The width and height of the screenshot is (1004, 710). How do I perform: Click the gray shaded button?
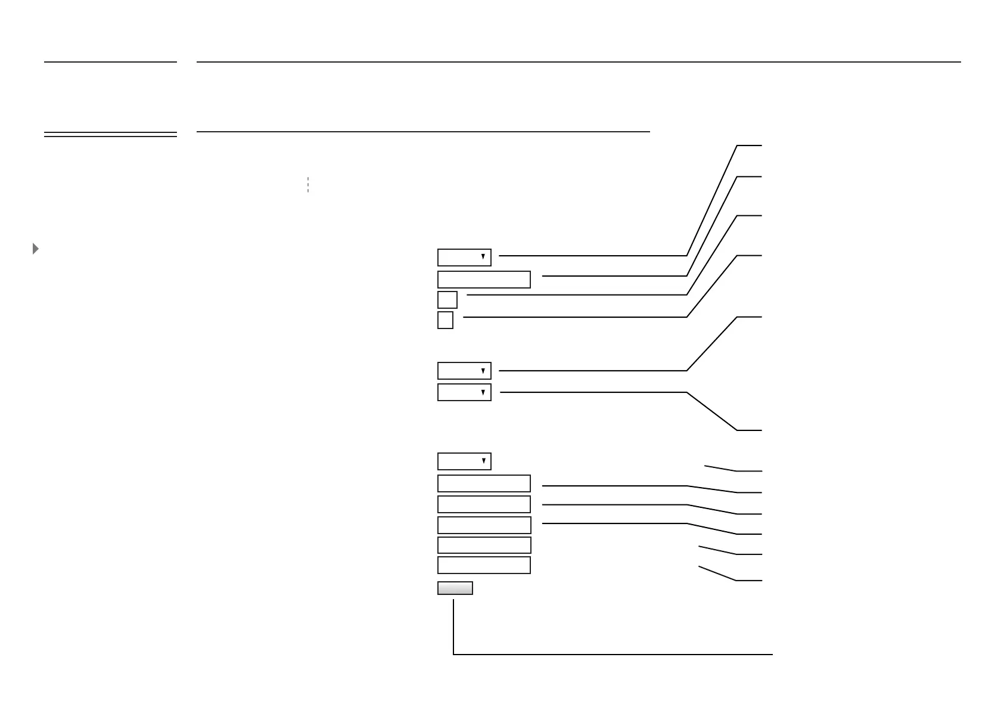(455, 588)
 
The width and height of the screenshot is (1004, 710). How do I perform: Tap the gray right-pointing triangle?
(36, 249)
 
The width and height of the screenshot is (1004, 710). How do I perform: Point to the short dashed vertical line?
(308, 185)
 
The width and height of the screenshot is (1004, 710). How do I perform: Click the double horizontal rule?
(110, 135)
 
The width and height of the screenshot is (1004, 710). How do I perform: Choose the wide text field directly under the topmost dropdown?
(484, 280)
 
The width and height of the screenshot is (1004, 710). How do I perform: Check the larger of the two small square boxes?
(447, 300)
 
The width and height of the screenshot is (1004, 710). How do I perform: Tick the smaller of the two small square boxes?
(445, 320)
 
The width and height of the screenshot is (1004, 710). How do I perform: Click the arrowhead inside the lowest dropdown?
(483, 461)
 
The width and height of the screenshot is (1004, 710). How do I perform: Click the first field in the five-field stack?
(484, 483)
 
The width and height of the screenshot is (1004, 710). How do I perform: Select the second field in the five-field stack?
(484, 504)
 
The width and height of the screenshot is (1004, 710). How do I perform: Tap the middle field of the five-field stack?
(484, 525)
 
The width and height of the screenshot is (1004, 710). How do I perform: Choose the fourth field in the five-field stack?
(484, 545)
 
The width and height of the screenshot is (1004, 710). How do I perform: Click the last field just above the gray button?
(484, 565)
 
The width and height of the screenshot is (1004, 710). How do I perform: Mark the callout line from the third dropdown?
(596, 392)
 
